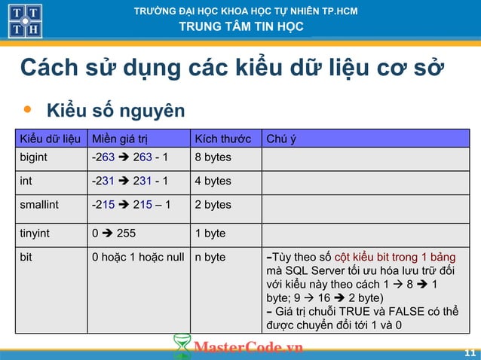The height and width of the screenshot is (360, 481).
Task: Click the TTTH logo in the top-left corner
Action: click(x=25, y=20)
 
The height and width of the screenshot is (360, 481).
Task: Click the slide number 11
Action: click(x=470, y=352)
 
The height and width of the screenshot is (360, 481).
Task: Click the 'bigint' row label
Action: click(x=35, y=157)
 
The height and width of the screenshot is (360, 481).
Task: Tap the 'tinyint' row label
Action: click(x=35, y=233)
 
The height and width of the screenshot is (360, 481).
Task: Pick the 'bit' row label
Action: click(x=26, y=257)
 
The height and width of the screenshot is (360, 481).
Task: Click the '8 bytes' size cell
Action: click(x=213, y=157)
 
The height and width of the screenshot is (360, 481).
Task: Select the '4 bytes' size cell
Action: click(x=213, y=181)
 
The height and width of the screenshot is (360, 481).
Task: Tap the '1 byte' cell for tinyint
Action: click(x=210, y=233)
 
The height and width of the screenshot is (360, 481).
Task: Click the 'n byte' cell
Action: click(x=210, y=257)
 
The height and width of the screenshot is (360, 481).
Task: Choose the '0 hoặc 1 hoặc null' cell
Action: click(x=138, y=257)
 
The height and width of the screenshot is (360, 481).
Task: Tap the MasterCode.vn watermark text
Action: click(x=248, y=347)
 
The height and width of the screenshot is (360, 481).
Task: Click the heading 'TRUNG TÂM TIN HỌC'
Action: click(x=240, y=27)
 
